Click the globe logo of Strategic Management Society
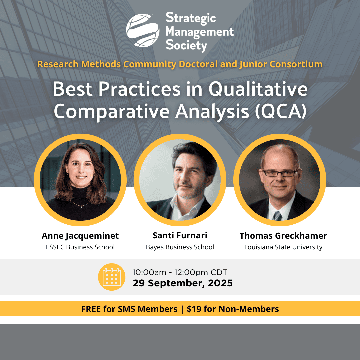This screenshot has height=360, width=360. pyautogui.click(x=143, y=30)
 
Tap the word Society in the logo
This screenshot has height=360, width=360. pyautogui.click(x=186, y=45)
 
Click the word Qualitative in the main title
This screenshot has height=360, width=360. pyautogui.click(x=258, y=89)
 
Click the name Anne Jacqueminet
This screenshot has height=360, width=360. pyautogui.click(x=80, y=236)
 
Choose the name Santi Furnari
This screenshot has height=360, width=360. pyautogui.click(x=180, y=235)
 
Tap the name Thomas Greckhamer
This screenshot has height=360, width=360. pyautogui.click(x=283, y=236)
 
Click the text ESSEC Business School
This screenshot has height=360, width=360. pyautogui.click(x=80, y=247)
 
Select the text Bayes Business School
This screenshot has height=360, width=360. pyautogui.click(x=180, y=247)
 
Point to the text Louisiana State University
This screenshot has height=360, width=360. pyautogui.click(x=283, y=247)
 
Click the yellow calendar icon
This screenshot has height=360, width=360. pyautogui.click(x=112, y=277)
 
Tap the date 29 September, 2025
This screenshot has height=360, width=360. pyautogui.click(x=183, y=283)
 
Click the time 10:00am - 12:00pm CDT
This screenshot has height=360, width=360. pyautogui.click(x=180, y=272)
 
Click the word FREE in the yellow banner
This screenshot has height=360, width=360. pyautogui.click(x=91, y=309)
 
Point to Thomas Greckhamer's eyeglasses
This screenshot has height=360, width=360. pyautogui.click(x=280, y=173)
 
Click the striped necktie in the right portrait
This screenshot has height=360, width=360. pyautogui.click(x=278, y=216)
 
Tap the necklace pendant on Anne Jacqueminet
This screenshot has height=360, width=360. pyautogui.click(x=81, y=207)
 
